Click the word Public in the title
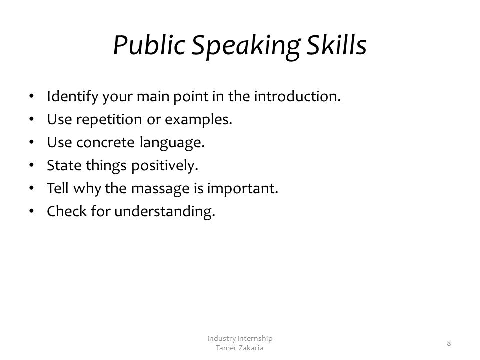coord(149,45)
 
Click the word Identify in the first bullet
coord(72,97)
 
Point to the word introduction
coord(297,96)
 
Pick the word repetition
coord(109,120)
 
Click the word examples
coord(198,120)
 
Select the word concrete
coord(105,143)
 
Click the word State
coord(64,165)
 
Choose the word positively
coord(165,166)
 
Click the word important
coord(243,189)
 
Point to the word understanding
coord(165,212)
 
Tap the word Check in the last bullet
coord(67,211)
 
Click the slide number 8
coord(449,343)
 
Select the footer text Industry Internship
coord(240,338)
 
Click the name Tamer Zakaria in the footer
coord(239,348)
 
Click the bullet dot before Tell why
coord(32,188)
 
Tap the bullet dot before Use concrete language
coord(32,142)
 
